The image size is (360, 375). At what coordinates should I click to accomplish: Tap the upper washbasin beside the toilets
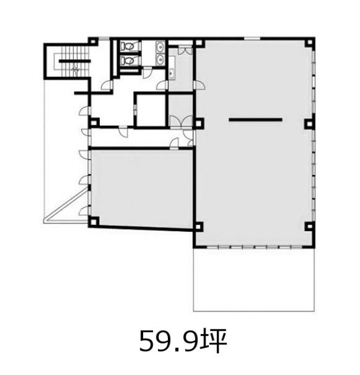point(160,46)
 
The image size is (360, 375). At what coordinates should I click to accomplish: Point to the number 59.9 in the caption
point(168,341)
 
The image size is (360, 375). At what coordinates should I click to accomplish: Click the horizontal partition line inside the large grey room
point(256,119)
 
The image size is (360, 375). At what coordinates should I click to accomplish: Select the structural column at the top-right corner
point(310,42)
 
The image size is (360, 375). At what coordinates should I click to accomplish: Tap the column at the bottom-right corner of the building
point(310,226)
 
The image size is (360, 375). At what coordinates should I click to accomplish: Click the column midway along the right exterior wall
point(309,124)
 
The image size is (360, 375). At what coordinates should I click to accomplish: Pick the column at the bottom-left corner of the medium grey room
point(94,222)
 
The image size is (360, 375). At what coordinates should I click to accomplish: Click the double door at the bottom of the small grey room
point(181,121)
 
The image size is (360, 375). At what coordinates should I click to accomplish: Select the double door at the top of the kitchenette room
point(185,50)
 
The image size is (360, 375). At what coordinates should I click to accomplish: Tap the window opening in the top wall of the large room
point(252,38)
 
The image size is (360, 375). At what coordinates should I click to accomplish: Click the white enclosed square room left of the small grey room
point(151,110)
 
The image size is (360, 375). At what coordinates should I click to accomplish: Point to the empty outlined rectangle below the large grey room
point(254,279)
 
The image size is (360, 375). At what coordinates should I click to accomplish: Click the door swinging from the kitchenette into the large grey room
point(199,85)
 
